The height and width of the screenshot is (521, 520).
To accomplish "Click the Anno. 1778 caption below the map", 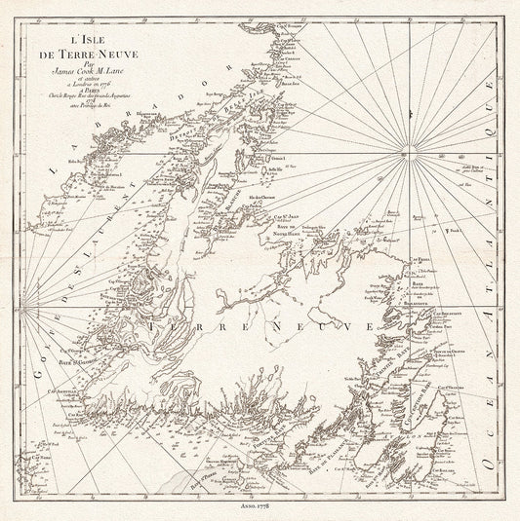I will click(260, 507).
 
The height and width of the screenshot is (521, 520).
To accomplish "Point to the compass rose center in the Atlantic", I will click(403, 154).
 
